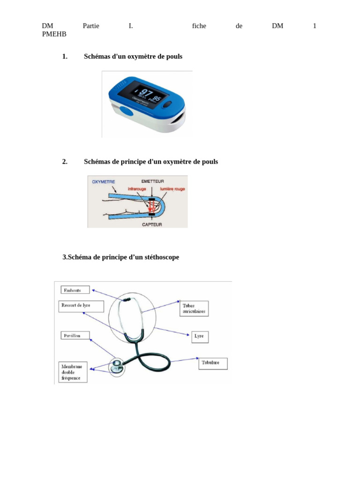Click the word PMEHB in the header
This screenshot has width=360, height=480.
click(54, 34)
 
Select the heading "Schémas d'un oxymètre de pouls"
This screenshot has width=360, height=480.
click(133, 56)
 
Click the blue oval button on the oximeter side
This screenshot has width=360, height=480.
click(126, 111)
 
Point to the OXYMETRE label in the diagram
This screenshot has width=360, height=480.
click(104, 181)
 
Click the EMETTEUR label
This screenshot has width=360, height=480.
click(152, 181)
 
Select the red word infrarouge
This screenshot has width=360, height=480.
click(137, 189)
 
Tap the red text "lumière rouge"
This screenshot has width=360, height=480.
click(172, 189)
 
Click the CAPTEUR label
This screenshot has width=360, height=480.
click(152, 225)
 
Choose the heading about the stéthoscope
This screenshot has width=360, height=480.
click(121, 257)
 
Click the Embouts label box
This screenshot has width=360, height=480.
click(75, 290)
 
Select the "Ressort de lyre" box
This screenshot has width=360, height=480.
click(81, 306)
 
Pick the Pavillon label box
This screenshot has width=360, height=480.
click(75, 336)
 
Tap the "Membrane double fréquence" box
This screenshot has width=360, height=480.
click(73, 372)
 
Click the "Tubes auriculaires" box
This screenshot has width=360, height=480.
click(195, 308)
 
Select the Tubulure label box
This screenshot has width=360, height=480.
click(213, 363)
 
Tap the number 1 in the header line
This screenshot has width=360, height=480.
click(315, 26)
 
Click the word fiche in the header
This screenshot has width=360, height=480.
click(199, 26)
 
